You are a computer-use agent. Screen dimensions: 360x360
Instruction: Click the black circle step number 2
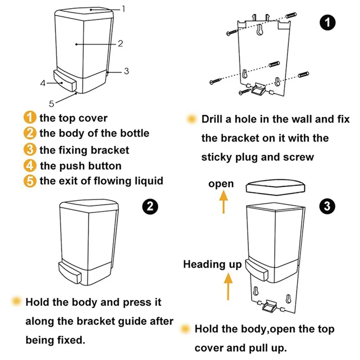point(150,206)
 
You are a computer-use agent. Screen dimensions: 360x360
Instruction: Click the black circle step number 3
point(327,206)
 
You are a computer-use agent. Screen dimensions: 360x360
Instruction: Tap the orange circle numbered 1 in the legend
point(29,118)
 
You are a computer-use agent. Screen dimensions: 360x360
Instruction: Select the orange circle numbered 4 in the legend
point(29,165)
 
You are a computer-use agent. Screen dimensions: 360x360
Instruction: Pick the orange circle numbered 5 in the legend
point(29,181)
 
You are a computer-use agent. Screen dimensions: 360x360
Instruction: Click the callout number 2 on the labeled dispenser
point(120,44)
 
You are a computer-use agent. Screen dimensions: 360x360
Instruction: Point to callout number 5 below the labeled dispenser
point(52,104)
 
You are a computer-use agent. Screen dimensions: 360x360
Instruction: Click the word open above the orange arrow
point(221,184)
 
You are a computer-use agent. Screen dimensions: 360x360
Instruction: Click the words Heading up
point(212,264)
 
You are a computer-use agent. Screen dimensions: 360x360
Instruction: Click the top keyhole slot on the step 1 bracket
point(260,31)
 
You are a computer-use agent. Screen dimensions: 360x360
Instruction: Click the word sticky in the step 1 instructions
point(219,157)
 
